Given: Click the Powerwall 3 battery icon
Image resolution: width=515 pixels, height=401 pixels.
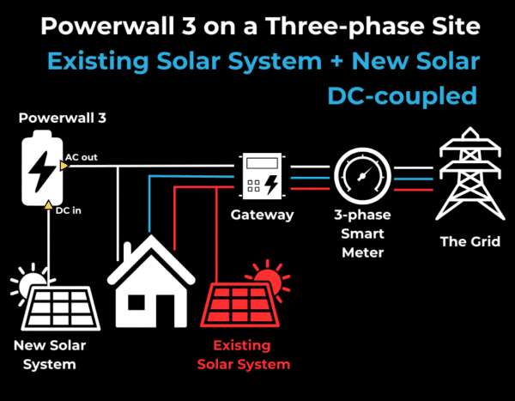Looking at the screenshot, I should tap(40, 172).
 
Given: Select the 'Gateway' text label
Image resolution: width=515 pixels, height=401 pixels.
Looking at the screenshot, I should tap(263, 215).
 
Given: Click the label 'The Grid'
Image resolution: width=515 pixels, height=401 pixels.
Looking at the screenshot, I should tap(463, 241).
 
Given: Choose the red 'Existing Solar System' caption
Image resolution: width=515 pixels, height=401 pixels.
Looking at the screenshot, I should tap(244, 355).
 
